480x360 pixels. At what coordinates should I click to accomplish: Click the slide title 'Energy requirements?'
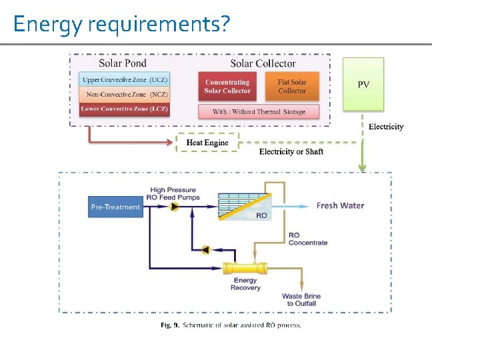coord(121,24)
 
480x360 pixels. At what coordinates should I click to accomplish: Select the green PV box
coord(363,84)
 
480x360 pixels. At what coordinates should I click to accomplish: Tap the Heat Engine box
coord(207,143)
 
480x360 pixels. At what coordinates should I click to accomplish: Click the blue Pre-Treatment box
coord(115,207)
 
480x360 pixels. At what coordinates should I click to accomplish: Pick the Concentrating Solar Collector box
coord(227,87)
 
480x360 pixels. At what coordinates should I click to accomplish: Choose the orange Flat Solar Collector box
coord(292,87)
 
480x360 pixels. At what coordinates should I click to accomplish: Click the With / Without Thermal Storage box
coord(259,111)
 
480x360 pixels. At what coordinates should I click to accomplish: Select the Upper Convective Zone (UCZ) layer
coord(125,80)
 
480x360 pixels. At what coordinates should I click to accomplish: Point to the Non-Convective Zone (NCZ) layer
coord(125,95)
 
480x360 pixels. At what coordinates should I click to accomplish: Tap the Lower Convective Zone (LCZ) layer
coord(125,109)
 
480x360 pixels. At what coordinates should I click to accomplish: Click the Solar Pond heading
coord(123,63)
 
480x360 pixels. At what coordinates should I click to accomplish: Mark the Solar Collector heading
coord(263,63)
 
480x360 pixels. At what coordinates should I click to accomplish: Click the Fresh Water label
coord(340,205)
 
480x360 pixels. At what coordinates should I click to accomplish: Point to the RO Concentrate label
coord(307,239)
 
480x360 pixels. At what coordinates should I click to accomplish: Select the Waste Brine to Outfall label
coord(301,299)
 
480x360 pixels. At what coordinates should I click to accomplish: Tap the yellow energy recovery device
coord(245,269)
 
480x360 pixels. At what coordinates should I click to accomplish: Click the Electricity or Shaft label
coord(291,152)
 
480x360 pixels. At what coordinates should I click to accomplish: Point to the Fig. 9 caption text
coord(231,325)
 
